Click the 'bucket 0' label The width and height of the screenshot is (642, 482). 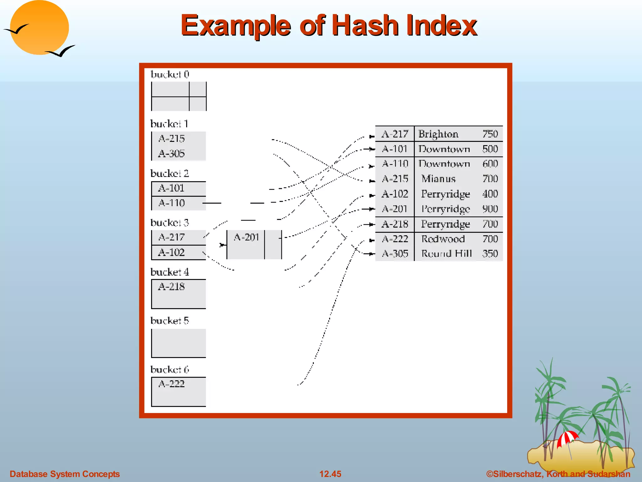(x=170, y=74)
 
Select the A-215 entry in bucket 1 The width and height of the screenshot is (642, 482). (x=171, y=138)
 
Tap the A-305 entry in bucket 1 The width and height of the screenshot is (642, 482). (x=171, y=153)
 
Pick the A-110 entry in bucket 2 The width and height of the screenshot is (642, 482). (x=171, y=203)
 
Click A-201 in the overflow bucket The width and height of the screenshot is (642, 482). (x=246, y=237)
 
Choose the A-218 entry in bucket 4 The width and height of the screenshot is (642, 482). (x=171, y=287)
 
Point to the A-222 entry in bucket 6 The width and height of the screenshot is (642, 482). (x=171, y=384)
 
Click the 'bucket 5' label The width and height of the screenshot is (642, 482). (x=170, y=321)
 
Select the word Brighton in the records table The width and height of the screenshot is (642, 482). (x=438, y=134)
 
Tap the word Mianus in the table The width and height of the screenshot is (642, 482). (x=438, y=179)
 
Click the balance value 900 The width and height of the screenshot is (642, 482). (x=490, y=209)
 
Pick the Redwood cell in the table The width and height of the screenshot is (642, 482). (x=443, y=239)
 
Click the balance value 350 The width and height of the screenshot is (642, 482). (x=490, y=254)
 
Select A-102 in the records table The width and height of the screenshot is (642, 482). (x=395, y=194)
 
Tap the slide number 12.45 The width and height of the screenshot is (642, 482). (x=330, y=474)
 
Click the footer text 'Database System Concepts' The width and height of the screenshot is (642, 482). (x=65, y=474)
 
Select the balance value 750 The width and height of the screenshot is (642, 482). (x=490, y=134)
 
